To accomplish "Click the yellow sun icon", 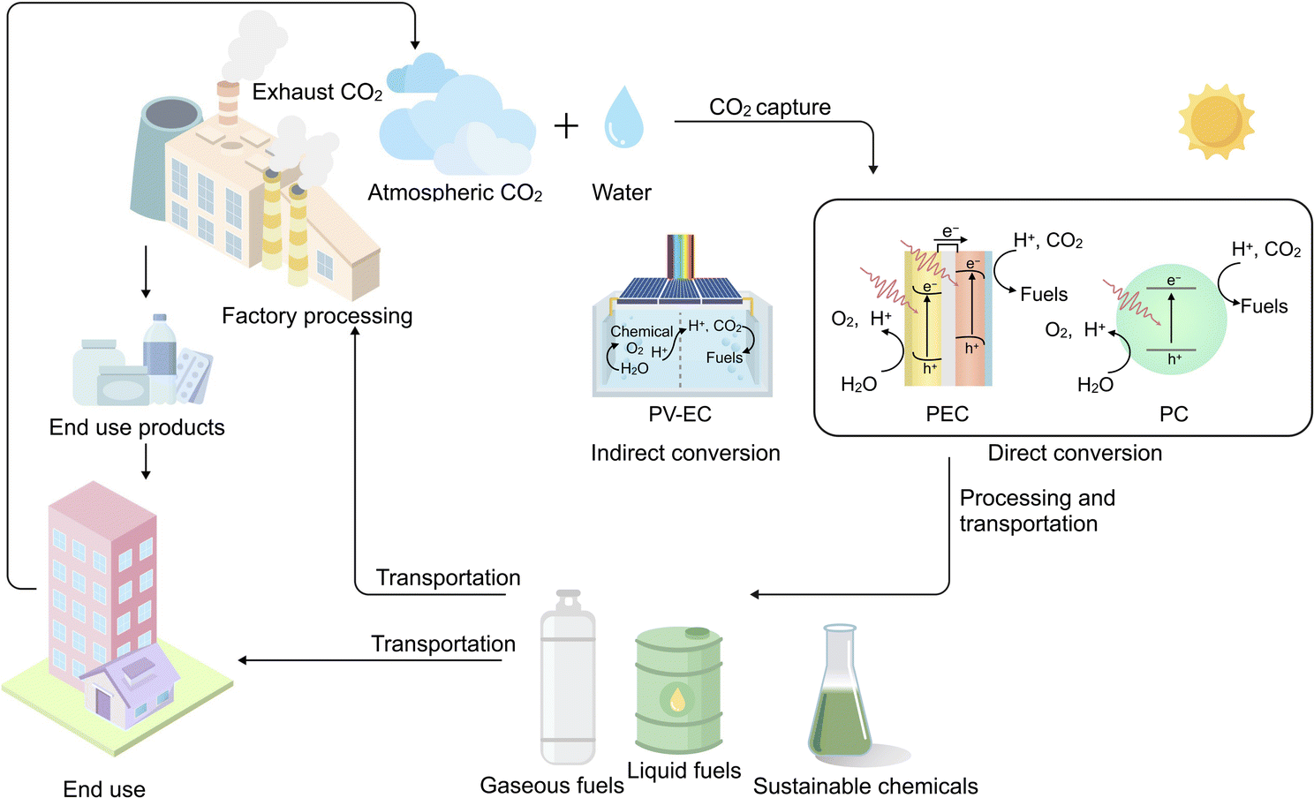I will point(1216,122).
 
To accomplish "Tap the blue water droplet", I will point(623,118).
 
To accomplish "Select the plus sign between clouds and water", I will point(566,126).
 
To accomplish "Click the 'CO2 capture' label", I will point(770,108).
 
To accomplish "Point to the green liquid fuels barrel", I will point(678,689).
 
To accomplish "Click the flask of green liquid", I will point(840,697).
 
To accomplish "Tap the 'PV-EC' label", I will point(680,414).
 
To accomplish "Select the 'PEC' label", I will point(948,414).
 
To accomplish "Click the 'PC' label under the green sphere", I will point(1174,414).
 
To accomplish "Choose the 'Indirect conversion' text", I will point(685,453).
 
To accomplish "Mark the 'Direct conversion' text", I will point(1075,453).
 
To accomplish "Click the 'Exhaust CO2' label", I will point(317,92).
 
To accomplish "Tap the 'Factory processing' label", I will point(317,316).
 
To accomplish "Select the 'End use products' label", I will point(137,427).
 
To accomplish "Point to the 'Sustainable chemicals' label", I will point(865,786).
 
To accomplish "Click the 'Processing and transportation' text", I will point(1037,510).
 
